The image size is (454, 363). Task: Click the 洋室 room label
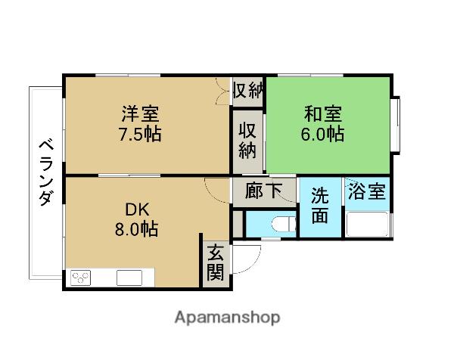(x=141, y=114)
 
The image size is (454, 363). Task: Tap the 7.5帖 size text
(x=141, y=135)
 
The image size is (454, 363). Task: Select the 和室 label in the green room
(x=323, y=114)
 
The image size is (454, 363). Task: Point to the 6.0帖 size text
(x=323, y=135)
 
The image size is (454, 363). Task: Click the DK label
(x=127, y=209)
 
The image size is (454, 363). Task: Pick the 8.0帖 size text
(x=136, y=230)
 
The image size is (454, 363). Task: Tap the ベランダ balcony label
(x=45, y=172)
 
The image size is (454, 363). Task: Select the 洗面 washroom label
(x=321, y=205)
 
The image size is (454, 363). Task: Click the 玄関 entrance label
(x=216, y=262)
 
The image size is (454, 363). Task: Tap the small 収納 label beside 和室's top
(x=247, y=90)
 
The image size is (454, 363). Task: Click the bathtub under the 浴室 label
(x=367, y=224)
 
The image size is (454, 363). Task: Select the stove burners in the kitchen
(x=81, y=277)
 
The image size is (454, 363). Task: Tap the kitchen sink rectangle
(x=129, y=278)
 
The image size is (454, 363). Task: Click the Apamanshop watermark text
(x=228, y=317)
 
